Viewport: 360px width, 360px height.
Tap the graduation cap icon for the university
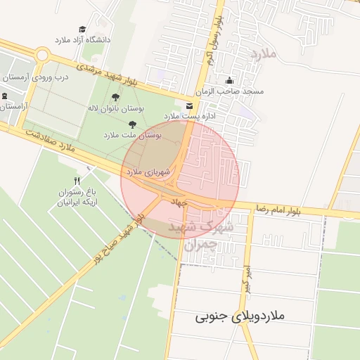83,29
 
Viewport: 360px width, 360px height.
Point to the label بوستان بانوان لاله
115,108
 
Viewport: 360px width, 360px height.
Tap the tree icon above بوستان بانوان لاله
115,98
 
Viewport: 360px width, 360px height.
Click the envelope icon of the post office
188,105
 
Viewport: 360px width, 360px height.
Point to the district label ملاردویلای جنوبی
240,317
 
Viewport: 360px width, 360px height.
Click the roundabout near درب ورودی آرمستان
42,55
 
